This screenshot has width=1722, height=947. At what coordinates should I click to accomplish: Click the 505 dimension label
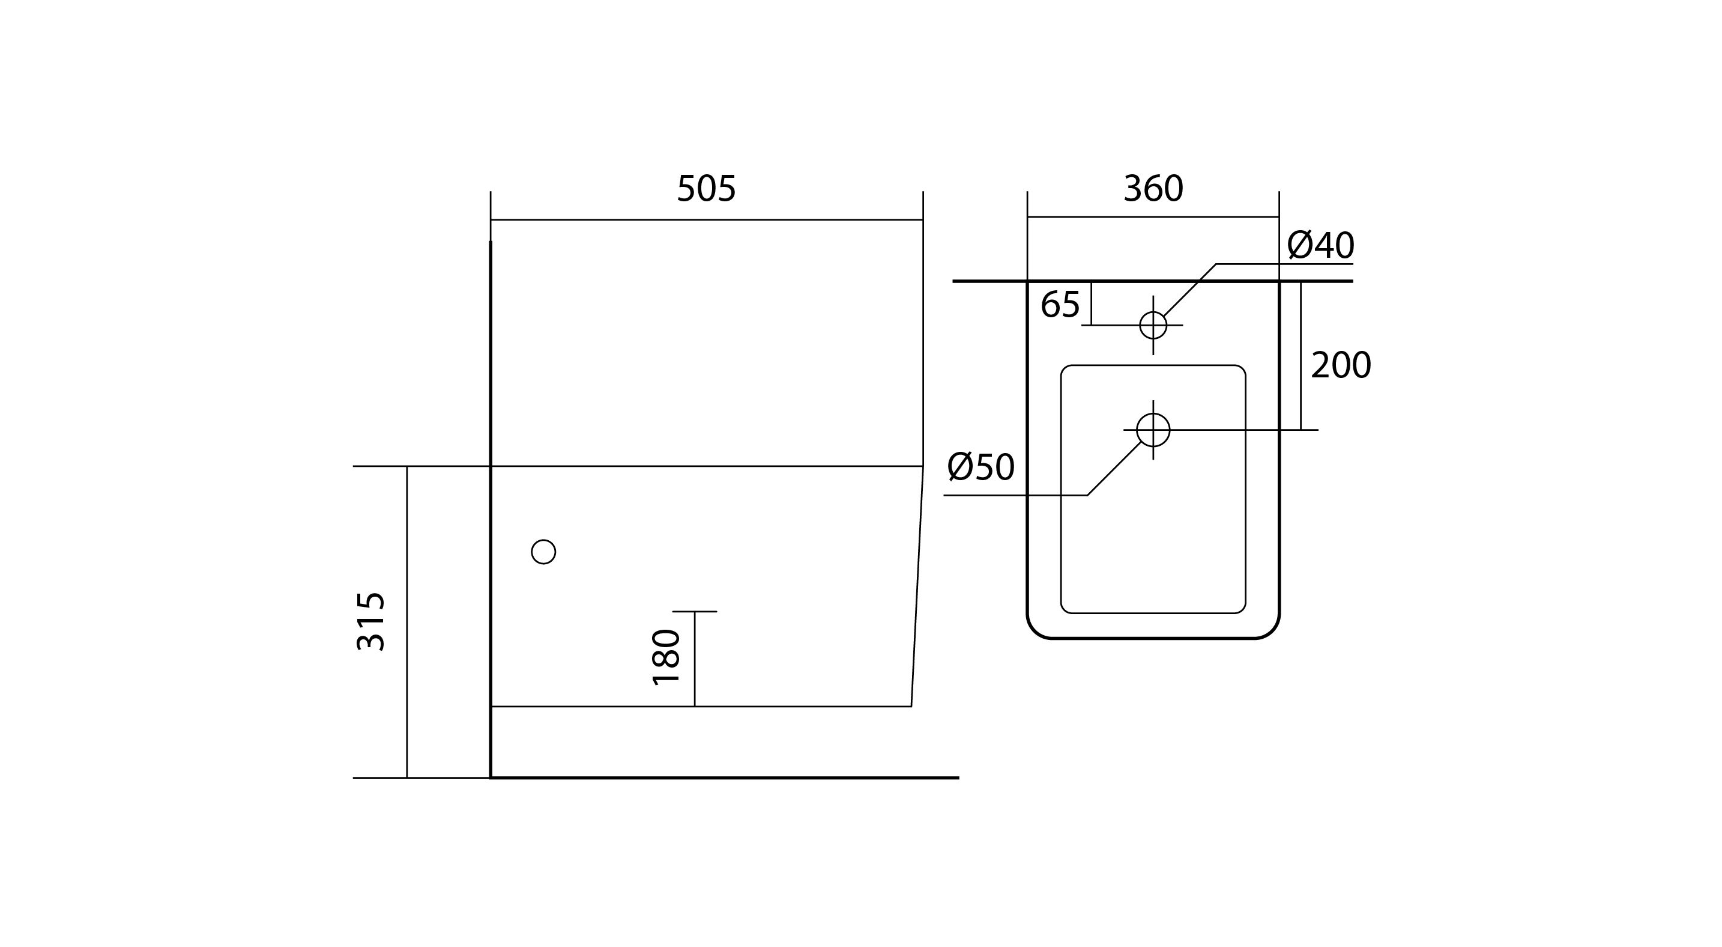point(707,189)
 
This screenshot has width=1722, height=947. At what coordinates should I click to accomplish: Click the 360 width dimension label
point(1153,189)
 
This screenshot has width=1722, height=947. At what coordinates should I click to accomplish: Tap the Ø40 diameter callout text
point(1320,245)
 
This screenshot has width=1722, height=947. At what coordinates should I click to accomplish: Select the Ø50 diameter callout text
point(981,467)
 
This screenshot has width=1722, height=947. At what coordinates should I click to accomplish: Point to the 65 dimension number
point(1060,305)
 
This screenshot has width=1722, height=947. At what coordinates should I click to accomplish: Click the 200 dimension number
point(1340,366)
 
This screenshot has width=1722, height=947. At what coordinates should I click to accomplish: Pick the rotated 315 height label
point(370,621)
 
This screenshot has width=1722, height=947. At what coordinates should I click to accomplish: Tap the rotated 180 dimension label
point(666,657)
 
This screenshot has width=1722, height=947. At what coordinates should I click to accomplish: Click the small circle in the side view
point(543,552)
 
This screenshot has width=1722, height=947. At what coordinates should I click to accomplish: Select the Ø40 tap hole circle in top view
point(1153,325)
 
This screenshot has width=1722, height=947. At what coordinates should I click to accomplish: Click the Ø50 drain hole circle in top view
point(1153,430)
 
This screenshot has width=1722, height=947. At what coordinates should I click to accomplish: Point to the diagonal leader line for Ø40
point(1190,290)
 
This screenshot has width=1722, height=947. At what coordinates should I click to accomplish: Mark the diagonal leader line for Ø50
point(1114,468)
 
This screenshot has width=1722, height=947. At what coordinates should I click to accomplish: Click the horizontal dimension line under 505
point(707,219)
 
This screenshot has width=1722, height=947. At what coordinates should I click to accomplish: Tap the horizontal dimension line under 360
point(1153,217)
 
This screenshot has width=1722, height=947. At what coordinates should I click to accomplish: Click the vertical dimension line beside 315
point(407,622)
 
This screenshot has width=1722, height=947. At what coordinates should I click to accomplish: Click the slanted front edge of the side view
point(917,586)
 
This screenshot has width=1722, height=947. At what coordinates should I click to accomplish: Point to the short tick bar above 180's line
point(695,611)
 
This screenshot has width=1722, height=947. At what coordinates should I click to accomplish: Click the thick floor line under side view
point(725,778)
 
